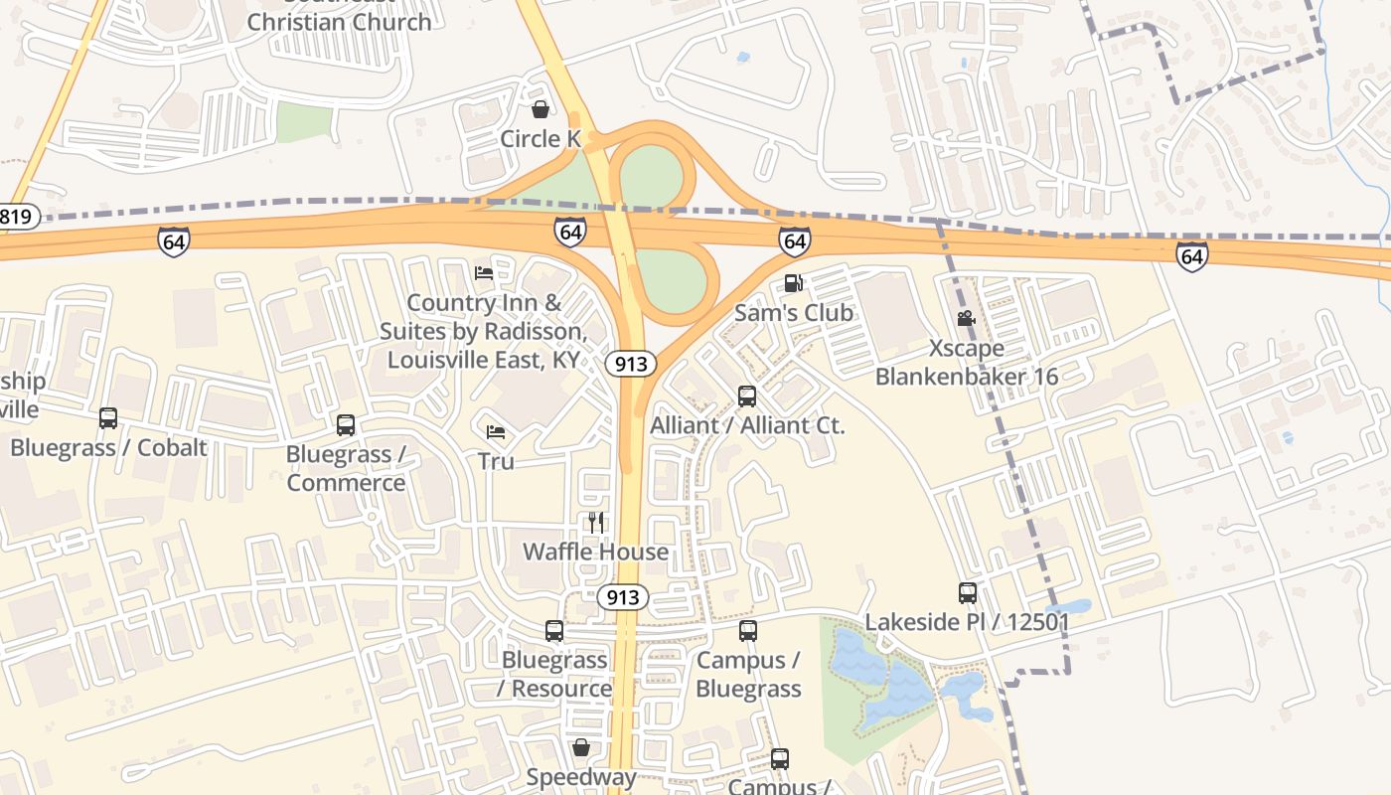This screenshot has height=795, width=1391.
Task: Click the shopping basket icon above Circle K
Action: pyautogui.click(x=541, y=108)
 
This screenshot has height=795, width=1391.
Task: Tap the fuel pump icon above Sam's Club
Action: pyautogui.click(x=793, y=283)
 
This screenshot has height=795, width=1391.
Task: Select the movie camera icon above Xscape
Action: pyautogui.click(x=966, y=318)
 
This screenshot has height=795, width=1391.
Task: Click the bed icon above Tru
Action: pyautogui.click(x=496, y=431)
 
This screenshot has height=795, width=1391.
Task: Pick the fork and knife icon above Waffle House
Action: pyautogui.click(x=596, y=522)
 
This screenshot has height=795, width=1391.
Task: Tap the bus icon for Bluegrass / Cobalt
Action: pyautogui.click(x=108, y=418)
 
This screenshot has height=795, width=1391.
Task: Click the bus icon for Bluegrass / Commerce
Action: pyautogui.click(x=346, y=425)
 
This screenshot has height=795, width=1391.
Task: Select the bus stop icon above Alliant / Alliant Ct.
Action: pyautogui.click(x=747, y=397)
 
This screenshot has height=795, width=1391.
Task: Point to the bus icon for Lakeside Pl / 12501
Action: pyautogui.click(x=968, y=593)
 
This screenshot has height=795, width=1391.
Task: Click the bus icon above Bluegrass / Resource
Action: pyautogui.click(x=554, y=631)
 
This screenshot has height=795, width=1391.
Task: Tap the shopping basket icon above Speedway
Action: pyautogui.click(x=581, y=747)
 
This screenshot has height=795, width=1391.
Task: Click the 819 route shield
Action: pyautogui.click(x=17, y=217)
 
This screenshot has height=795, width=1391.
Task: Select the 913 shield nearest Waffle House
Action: pyautogui.click(x=623, y=597)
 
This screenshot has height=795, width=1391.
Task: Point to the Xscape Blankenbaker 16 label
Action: pyautogui.click(x=967, y=363)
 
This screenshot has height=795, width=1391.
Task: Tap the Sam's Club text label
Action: pyautogui.click(x=793, y=312)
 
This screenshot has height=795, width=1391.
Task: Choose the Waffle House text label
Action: pyautogui.click(x=595, y=552)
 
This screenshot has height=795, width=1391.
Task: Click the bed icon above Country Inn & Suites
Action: pyautogui.click(x=484, y=272)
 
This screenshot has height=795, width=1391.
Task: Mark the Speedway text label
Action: pyautogui.click(x=581, y=777)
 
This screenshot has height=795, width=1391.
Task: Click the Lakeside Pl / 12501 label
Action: pyautogui.click(x=967, y=622)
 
